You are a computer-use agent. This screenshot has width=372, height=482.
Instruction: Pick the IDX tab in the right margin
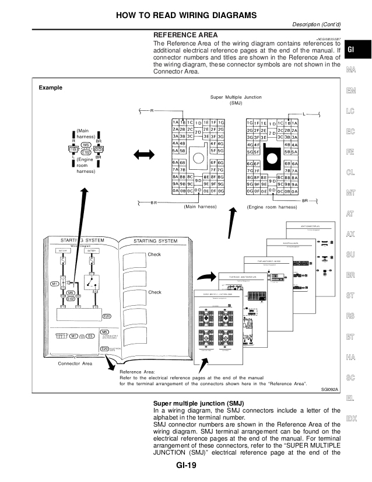(x=351, y=418)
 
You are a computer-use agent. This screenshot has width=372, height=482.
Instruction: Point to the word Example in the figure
(x=51, y=88)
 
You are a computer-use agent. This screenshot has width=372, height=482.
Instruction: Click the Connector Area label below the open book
(x=75, y=364)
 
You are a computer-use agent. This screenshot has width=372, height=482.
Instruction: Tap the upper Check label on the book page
(x=155, y=254)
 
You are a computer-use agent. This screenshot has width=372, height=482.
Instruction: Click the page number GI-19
(x=186, y=466)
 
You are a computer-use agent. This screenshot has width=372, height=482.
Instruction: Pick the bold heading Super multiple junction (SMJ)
(x=198, y=403)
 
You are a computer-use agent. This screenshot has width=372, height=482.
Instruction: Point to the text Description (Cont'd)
(x=315, y=24)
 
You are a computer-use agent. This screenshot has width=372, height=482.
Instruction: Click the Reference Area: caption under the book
(x=137, y=372)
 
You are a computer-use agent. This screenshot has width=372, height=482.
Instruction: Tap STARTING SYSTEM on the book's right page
(x=155, y=240)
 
